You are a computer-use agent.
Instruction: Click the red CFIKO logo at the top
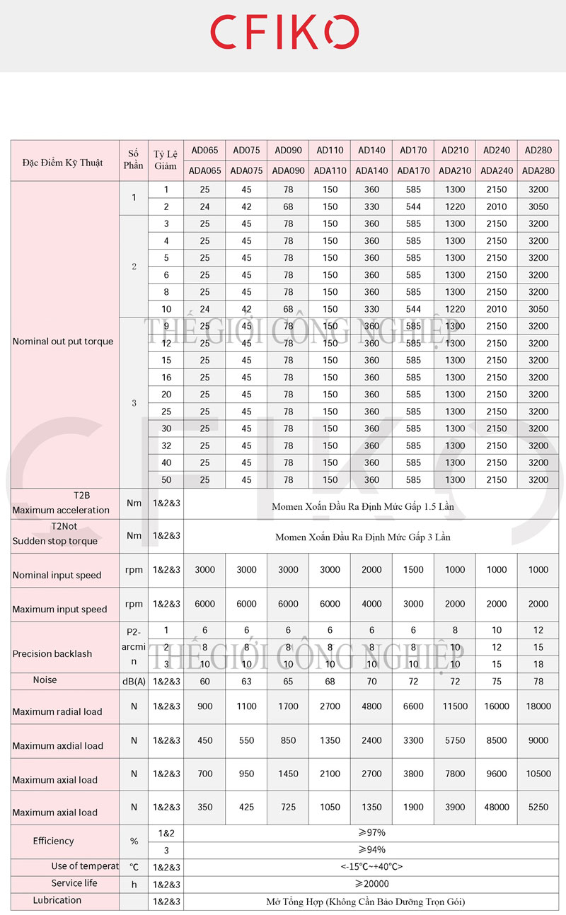coord(284,33)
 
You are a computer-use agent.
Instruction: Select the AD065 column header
coord(204,150)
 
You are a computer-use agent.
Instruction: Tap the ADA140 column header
coord(371,170)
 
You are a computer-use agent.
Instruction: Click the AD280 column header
coord(538,150)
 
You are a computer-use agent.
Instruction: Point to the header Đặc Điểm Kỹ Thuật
coord(62,162)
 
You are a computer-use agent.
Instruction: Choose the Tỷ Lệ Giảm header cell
coord(166,161)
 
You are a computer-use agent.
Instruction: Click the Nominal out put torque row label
coord(63,342)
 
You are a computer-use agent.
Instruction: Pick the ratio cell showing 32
coord(166,445)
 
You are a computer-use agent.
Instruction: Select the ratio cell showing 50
coord(166,479)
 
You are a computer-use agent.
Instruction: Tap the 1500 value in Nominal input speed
coord(413,570)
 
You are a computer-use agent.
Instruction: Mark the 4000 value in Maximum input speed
coord(371,604)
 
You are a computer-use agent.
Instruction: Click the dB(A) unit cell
coord(133,680)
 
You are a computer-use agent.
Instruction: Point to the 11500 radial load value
coord(455,706)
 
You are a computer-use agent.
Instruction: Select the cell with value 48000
coord(497,807)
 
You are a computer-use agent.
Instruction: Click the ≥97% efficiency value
coord(371,833)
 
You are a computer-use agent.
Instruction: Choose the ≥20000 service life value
coord(371,884)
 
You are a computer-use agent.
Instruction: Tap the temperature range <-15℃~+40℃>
coord(371,867)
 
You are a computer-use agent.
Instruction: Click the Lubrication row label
coord(57,900)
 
